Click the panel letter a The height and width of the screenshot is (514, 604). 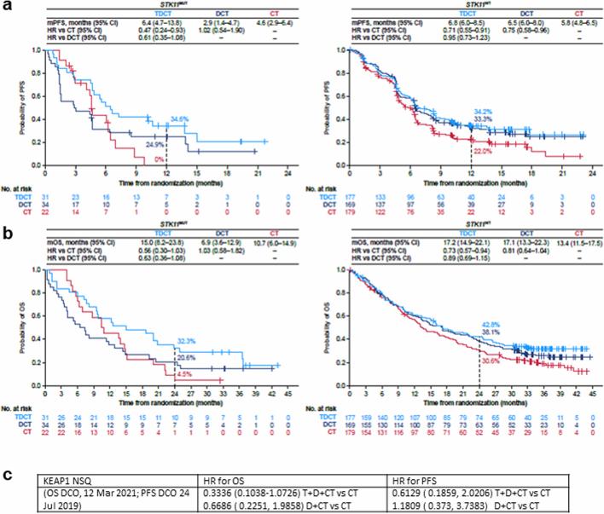(x=7, y=7)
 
